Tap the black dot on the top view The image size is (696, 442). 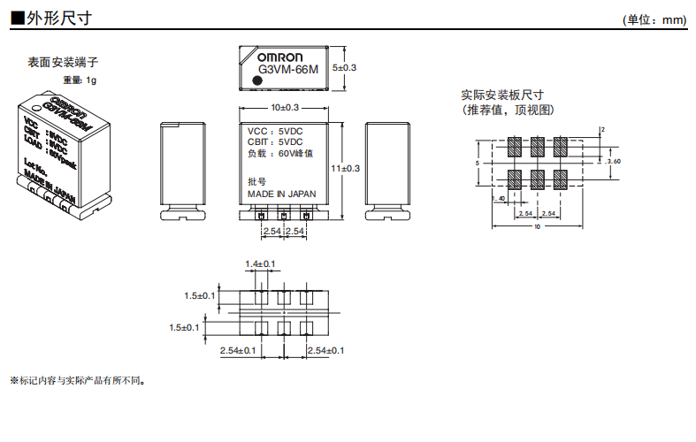[x=257, y=80]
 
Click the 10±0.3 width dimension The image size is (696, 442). [x=285, y=107]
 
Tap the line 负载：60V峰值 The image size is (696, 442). [x=280, y=153]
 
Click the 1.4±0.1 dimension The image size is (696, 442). [x=260, y=263]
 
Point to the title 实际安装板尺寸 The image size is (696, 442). [x=501, y=95]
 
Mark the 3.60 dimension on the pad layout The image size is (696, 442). [x=614, y=161]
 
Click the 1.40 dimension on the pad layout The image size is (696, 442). [x=501, y=198]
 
